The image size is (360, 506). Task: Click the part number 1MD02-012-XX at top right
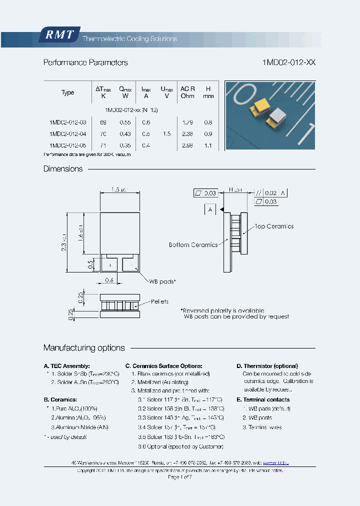pos(288,62)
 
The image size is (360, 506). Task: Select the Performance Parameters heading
pos(85,62)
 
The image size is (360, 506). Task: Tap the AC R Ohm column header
pos(187,92)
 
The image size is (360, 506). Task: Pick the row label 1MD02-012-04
pos(68,134)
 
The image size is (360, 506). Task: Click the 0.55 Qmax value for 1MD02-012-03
pos(125,122)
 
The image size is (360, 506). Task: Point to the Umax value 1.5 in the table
pos(166,134)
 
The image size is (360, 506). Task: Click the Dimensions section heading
pos(63,169)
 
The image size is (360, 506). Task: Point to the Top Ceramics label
pos(274,226)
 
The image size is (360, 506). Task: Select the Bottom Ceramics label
pos(193,245)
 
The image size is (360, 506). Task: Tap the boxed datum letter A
pos(210,210)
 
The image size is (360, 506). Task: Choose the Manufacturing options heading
pos(84,348)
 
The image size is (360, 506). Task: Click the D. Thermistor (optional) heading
pos(267,366)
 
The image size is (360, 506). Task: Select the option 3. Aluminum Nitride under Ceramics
pos(79,427)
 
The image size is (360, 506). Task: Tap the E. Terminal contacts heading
pos(263,399)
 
